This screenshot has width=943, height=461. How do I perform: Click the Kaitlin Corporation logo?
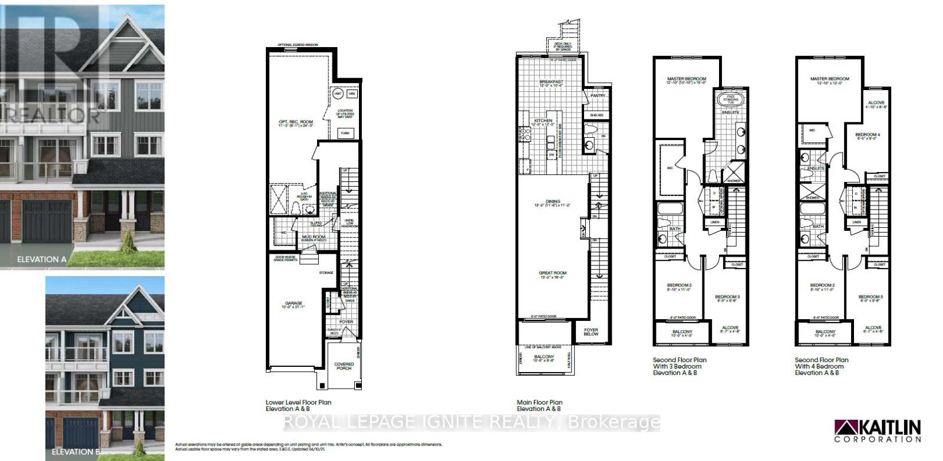click(x=878, y=431)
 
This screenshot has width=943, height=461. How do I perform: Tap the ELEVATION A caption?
click(x=42, y=259)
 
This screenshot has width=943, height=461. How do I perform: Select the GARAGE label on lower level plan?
click(x=294, y=303)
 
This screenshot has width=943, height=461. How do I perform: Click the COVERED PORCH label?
click(x=344, y=366)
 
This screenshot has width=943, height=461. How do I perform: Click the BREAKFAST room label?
click(x=551, y=82)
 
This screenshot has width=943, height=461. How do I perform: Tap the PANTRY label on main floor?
click(x=598, y=95)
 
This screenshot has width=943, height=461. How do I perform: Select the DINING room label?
click(x=552, y=201)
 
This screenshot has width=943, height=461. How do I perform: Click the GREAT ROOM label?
click(x=552, y=273)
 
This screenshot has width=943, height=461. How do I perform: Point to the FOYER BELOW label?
click(x=591, y=332)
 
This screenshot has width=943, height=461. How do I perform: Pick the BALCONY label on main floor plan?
click(x=543, y=357)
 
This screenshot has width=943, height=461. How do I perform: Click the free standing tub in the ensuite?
click(x=731, y=100)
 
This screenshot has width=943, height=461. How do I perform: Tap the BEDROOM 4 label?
click(x=867, y=135)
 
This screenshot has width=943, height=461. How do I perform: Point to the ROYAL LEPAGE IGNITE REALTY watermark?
click(x=471, y=422)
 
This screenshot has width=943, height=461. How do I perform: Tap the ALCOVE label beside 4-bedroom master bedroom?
click(x=876, y=103)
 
